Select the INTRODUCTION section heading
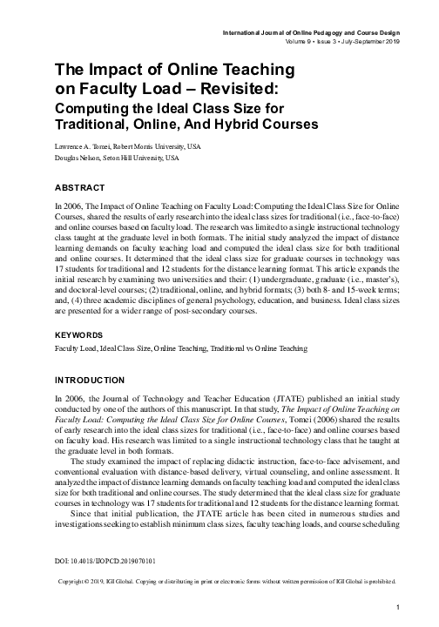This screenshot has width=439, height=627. [x=90, y=380]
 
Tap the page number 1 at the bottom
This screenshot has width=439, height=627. [x=397, y=606]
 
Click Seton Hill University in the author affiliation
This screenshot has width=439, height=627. [x=130, y=158]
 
